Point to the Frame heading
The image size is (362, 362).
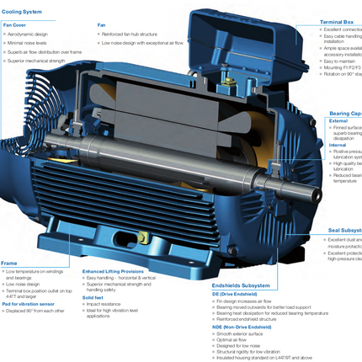9,263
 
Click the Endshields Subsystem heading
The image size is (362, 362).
240,285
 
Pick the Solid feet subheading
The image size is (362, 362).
93,297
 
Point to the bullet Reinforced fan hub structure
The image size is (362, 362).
135,34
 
